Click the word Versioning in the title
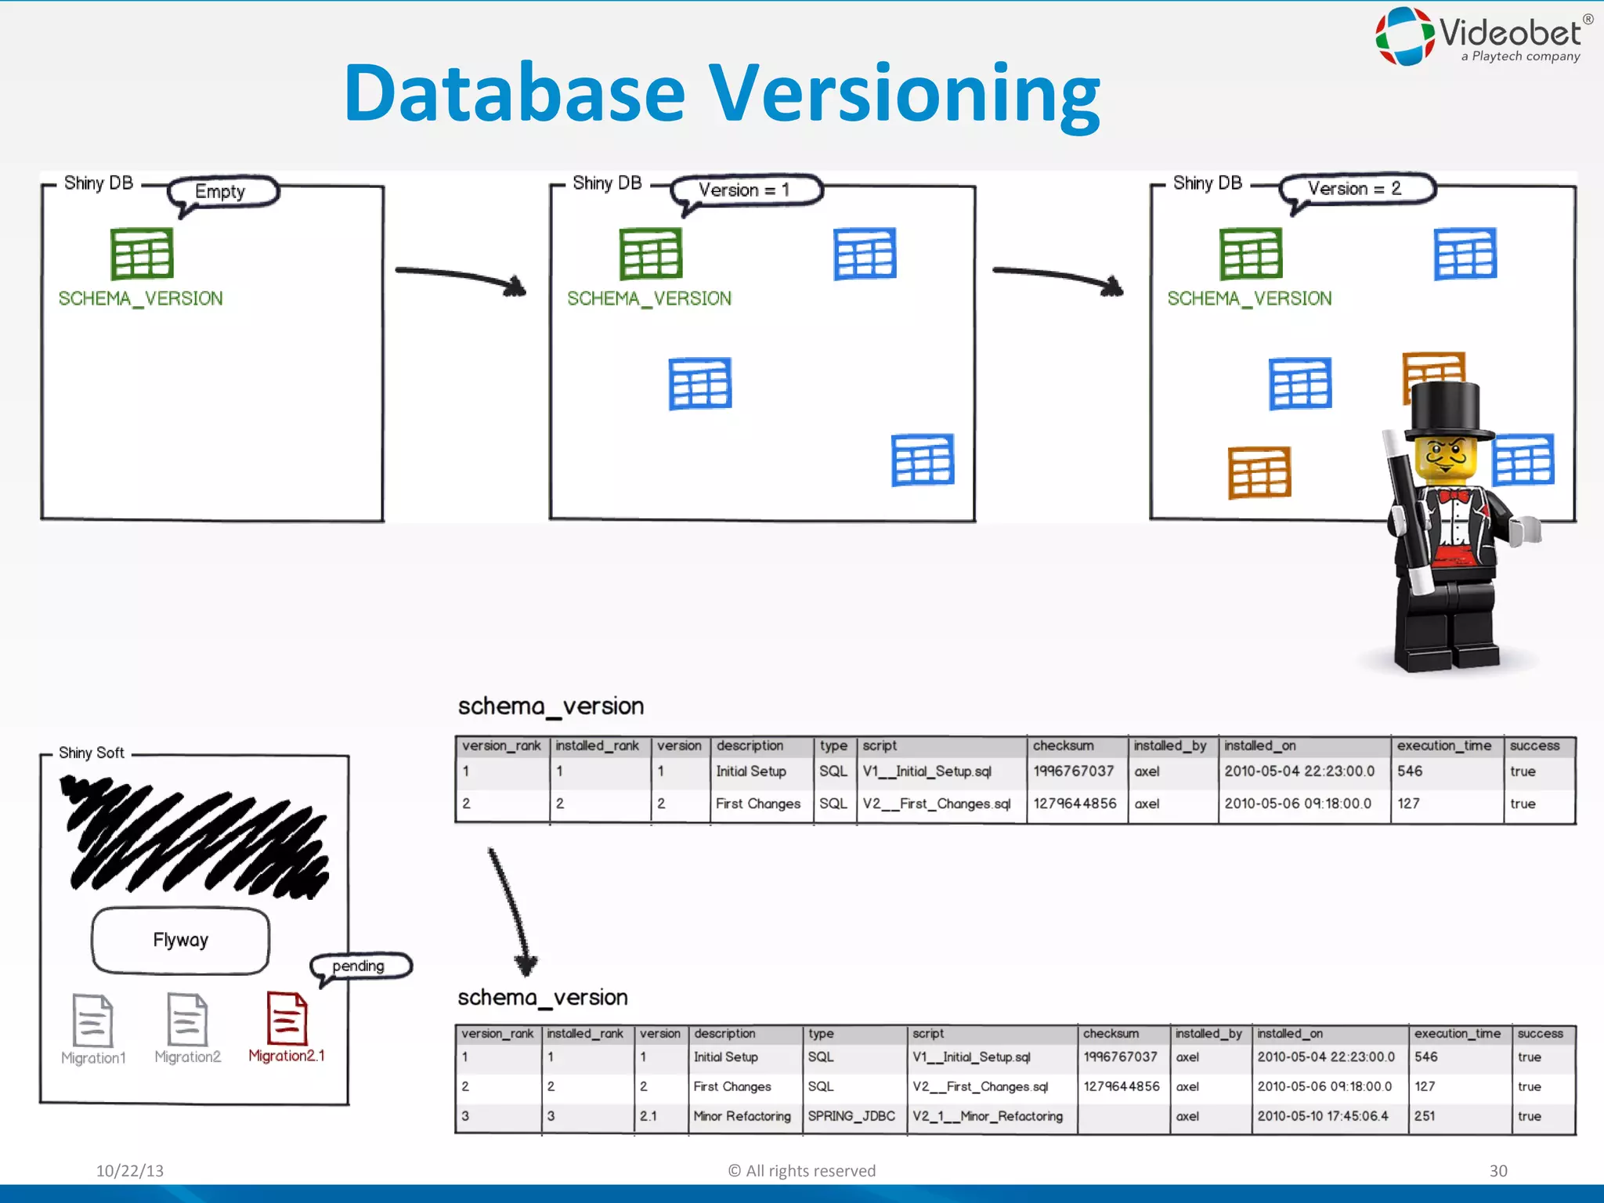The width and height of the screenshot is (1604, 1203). (904, 94)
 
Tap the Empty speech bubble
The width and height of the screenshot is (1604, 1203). (222, 191)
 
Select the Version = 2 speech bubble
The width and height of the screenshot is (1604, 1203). (1357, 189)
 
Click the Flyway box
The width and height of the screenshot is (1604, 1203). (180, 940)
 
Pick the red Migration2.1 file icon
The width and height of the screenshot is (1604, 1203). (287, 1018)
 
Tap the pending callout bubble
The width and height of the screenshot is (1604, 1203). (360, 966)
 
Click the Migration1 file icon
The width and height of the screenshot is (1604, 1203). (92, 1020)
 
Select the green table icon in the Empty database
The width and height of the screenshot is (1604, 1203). (142, 254)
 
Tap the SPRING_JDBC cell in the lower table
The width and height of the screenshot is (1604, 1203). (851, 1116)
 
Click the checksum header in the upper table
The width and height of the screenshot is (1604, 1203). (1063, 746)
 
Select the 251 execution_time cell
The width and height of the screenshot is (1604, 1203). (1425, 1116)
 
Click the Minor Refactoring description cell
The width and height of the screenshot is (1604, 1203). (742, 1116)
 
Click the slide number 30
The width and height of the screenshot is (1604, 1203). (1497, 1170)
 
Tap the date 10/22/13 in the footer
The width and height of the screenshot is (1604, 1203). (130, 1170)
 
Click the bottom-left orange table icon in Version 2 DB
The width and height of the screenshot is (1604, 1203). (1259, 473)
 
